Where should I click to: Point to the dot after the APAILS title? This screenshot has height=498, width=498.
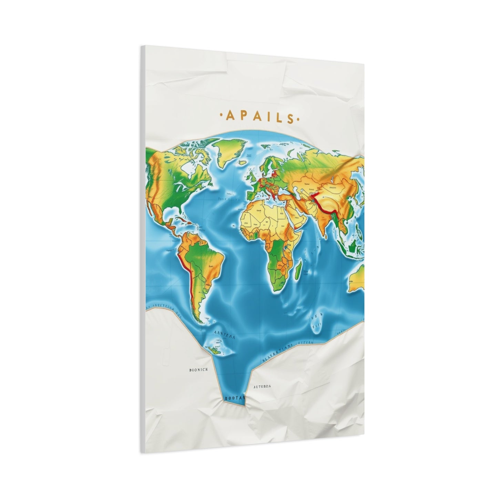pyautogui.click(x=298, y=120)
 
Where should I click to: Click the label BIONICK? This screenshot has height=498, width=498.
pyautogui.click(x=199, y=370)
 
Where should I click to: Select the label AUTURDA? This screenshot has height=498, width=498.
pyautogui.click(x=262, y=386)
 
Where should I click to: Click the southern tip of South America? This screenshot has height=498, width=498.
pyautogui.click(x=199, y=321)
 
